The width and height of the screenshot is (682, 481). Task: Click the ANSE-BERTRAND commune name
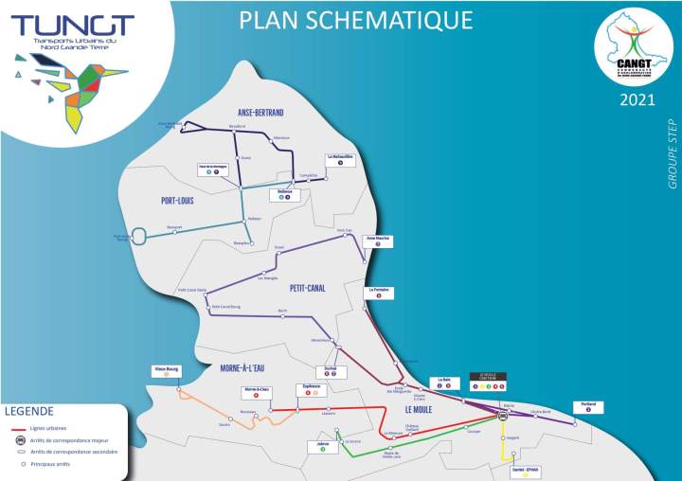click(260, 113)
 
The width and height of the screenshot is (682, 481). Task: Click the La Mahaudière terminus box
click(339, 159)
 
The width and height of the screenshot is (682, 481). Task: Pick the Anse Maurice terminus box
click(377, 241)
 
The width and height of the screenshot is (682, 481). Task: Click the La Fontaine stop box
click(379, 292)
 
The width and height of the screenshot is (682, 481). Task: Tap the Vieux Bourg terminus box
click(167, 371)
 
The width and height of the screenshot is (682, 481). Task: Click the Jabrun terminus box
click(323, 445)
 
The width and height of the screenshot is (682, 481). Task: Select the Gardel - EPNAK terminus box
click(525, 471)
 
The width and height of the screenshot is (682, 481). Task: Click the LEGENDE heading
click(35, 412)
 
